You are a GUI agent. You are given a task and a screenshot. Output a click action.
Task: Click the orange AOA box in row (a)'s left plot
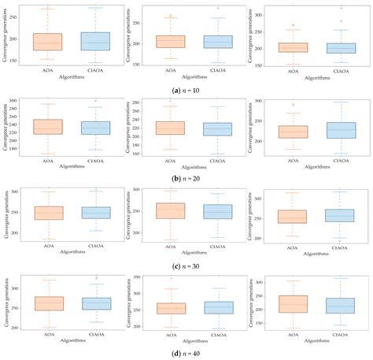(x=47, y=42)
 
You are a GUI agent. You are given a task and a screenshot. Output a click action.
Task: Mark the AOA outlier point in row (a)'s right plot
(x=294, y=25)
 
